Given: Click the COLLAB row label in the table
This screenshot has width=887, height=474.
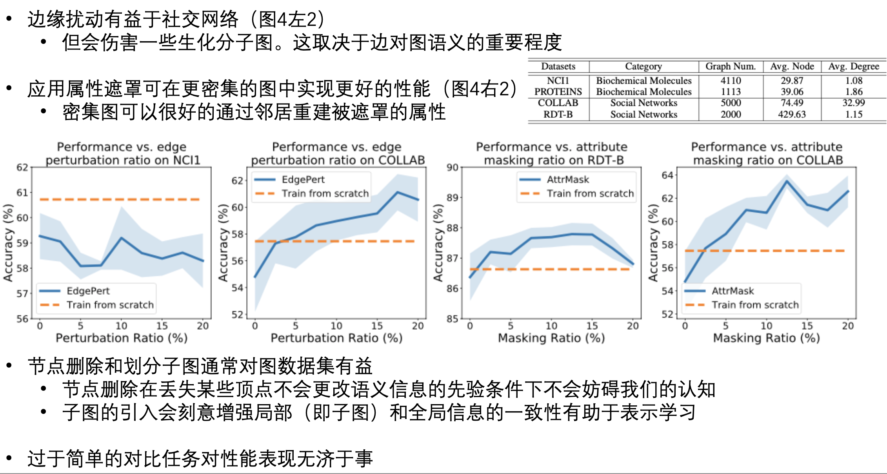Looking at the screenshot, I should point(558,103).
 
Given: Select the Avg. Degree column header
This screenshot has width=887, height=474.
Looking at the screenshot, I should point(853,66).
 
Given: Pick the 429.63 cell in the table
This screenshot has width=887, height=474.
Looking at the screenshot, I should point(792,114).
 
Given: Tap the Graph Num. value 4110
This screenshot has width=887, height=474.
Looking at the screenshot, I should point(731,80).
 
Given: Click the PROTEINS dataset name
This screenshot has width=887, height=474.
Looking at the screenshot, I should point(558,91).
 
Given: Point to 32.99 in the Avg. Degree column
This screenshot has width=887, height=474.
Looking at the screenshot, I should point(853,103).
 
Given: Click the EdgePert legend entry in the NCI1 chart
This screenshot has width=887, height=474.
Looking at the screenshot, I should point(88,291).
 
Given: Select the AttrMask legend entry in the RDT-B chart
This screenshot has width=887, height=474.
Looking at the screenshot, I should point(567,179).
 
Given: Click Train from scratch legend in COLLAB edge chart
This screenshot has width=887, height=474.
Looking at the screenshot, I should point(325,193).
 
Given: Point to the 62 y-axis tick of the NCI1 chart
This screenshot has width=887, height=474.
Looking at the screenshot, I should point(22,168).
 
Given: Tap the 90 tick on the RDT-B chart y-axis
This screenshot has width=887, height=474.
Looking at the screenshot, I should point(452,168).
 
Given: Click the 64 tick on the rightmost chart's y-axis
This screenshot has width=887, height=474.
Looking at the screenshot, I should point(667,175).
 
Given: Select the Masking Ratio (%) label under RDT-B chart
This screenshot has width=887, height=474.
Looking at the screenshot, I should point(551,338).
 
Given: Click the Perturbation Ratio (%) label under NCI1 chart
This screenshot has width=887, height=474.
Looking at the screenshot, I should point(121,338).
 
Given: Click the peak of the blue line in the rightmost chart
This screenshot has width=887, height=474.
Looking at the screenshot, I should point(787,181).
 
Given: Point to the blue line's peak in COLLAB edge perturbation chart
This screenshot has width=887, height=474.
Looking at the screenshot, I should point(398,192).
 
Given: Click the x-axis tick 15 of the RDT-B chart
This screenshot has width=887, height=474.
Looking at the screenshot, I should point(592,326).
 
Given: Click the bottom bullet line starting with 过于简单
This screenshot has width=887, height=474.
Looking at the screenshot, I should point(200,458).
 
